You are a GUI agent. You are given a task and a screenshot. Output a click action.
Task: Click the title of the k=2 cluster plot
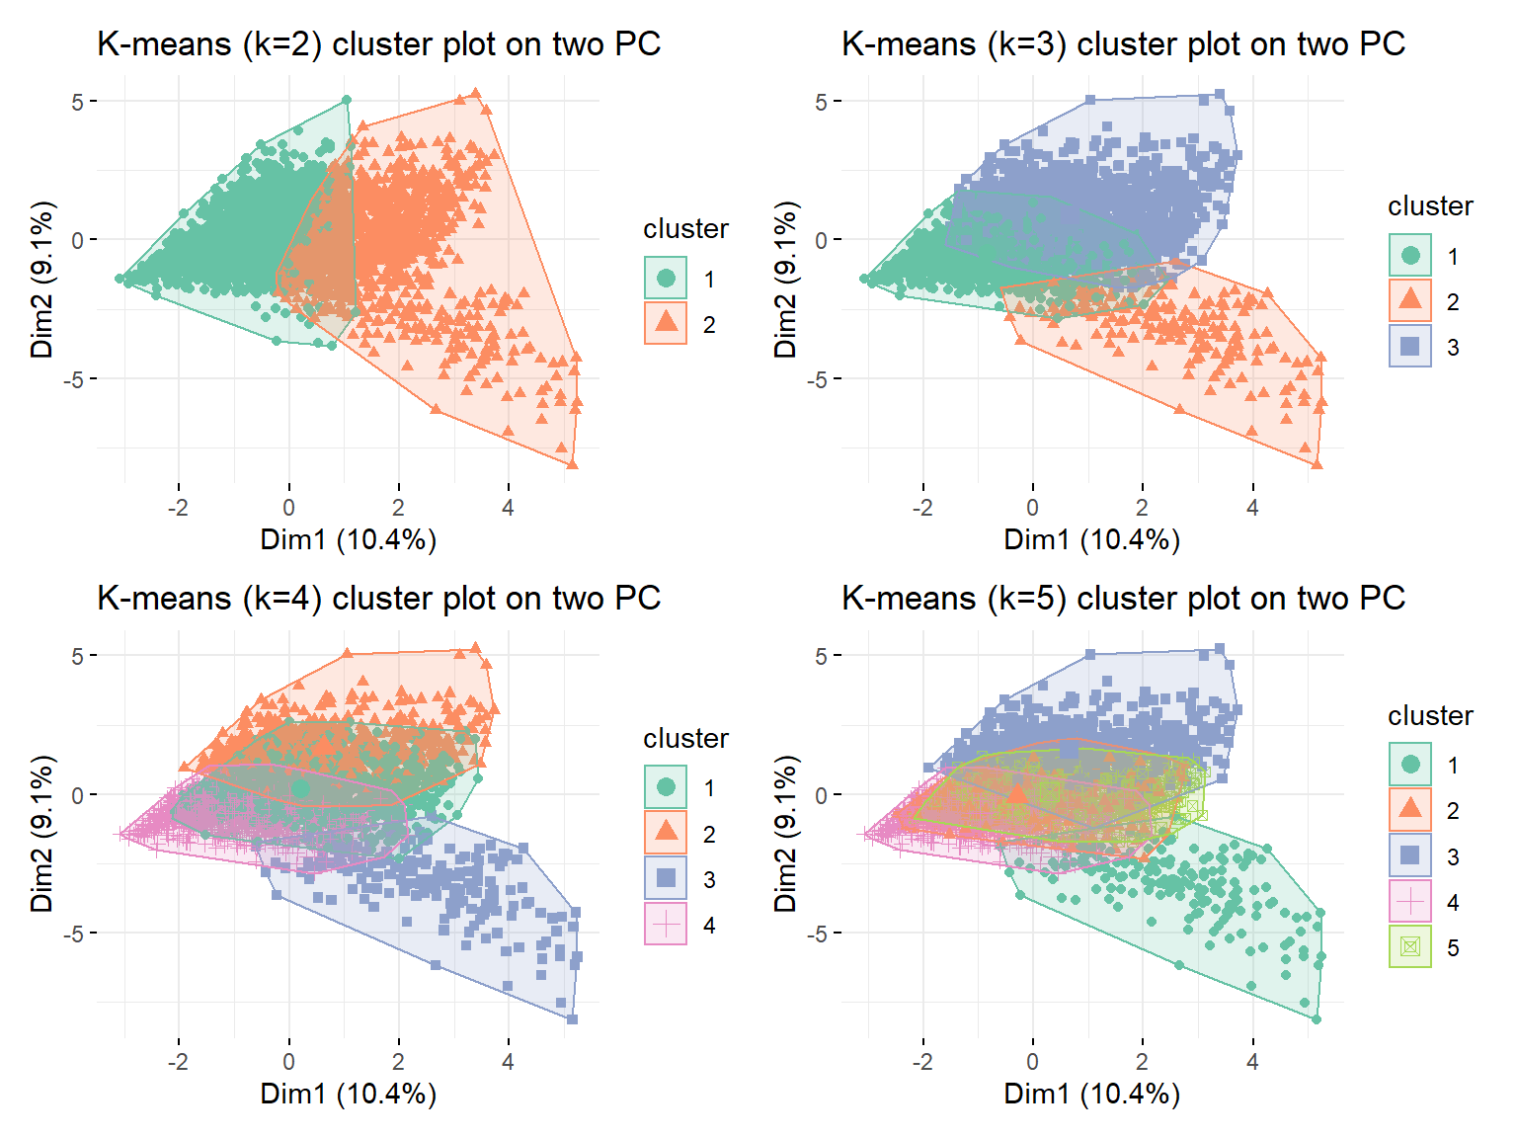pyautogui.click(x=378, y=44)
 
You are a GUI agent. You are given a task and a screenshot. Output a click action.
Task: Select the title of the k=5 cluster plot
pyautogui.click(x=1123, y=598)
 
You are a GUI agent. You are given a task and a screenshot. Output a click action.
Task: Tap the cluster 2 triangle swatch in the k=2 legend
pyautogui.click(x=666, y=323)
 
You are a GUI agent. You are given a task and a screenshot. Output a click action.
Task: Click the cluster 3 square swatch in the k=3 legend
pyautogui.click(x=1410, y=346)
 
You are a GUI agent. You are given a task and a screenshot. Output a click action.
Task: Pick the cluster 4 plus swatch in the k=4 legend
pyautogui.click(x=666, y=924)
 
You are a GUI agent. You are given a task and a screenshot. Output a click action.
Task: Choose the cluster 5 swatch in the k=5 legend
pyautogui.click(x=1410, y=946)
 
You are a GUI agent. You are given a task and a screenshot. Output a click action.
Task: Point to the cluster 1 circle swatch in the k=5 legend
pyautogui.click(x=1410, y=764)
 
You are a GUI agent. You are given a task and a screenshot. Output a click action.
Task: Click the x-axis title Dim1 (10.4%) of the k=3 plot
pyautogui.click(x=1092, y=540)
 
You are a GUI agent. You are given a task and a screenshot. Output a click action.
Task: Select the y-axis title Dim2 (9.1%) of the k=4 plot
pyautogui.click(x=41, y=834)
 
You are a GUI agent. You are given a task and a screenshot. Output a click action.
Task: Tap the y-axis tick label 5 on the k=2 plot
pyautogui.click(x=77, y=103)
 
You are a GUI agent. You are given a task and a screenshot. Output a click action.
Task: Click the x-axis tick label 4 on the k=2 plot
pyautogui.click(x=508, y=508)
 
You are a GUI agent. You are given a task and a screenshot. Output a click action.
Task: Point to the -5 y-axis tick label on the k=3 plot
pyautogui.click(x=816, y=379)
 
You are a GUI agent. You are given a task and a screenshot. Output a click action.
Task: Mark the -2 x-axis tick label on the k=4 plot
pyautogui.click(x=178, y=1061)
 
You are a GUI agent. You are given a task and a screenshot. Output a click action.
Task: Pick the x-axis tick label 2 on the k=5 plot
pyautogui.click(x=1142, y=1061)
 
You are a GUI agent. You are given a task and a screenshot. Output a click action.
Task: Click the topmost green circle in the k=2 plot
pyautogui.click(x=347, y=100)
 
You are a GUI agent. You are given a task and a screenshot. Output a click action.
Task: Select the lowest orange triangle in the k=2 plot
pyautogui.click(x=572, y=464)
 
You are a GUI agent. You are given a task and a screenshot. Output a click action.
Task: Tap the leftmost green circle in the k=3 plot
pyautogui.click(x=864, y=279)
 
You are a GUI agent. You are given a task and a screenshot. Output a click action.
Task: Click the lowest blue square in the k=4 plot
pyautogui.click(x=572, y=1019)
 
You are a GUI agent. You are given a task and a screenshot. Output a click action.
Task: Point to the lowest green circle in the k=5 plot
pyautogui.click(x=1316, y=1019)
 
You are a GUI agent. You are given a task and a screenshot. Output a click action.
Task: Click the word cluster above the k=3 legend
pyautogui.click(x=1430, y=205)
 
